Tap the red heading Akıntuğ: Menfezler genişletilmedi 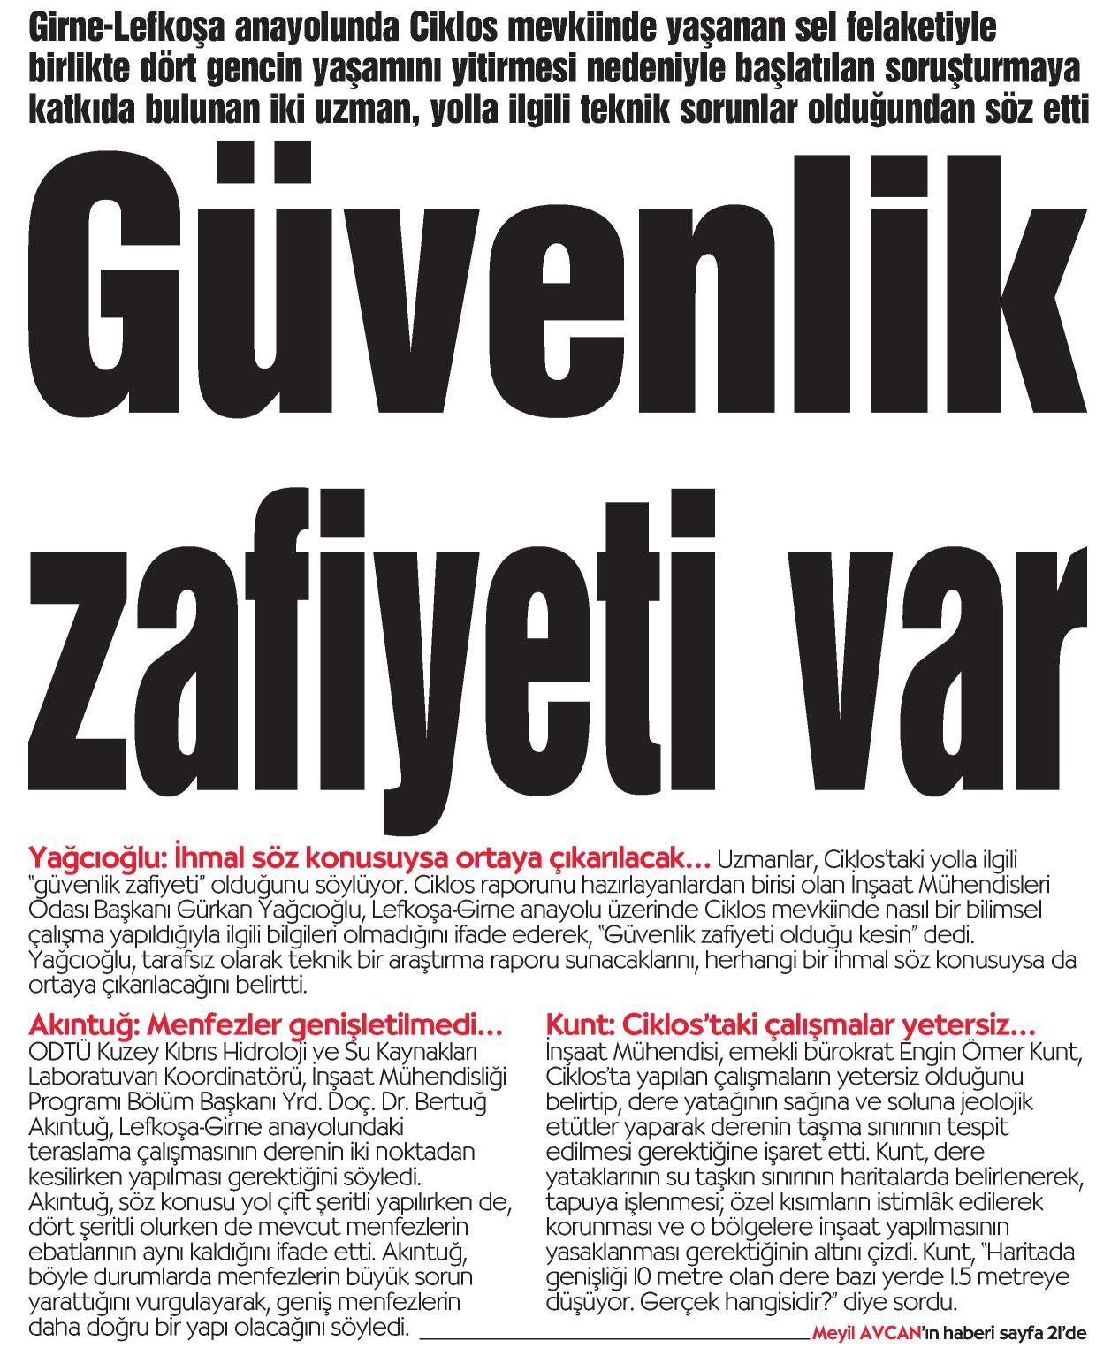(x=266, y=1026)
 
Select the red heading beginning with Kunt (x=791, y=1026)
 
